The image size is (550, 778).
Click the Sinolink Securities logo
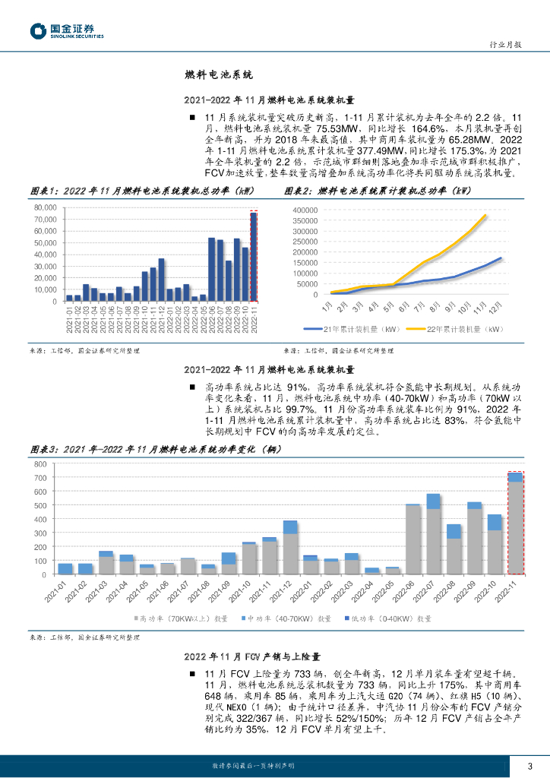[x=67, y=31]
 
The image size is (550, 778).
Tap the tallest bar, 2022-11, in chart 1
[x=254, y=257]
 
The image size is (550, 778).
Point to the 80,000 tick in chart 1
[x=46, y=207]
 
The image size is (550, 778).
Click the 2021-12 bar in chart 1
[x=161, y=280]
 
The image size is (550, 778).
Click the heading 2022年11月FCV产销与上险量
[x=252, y=656]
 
